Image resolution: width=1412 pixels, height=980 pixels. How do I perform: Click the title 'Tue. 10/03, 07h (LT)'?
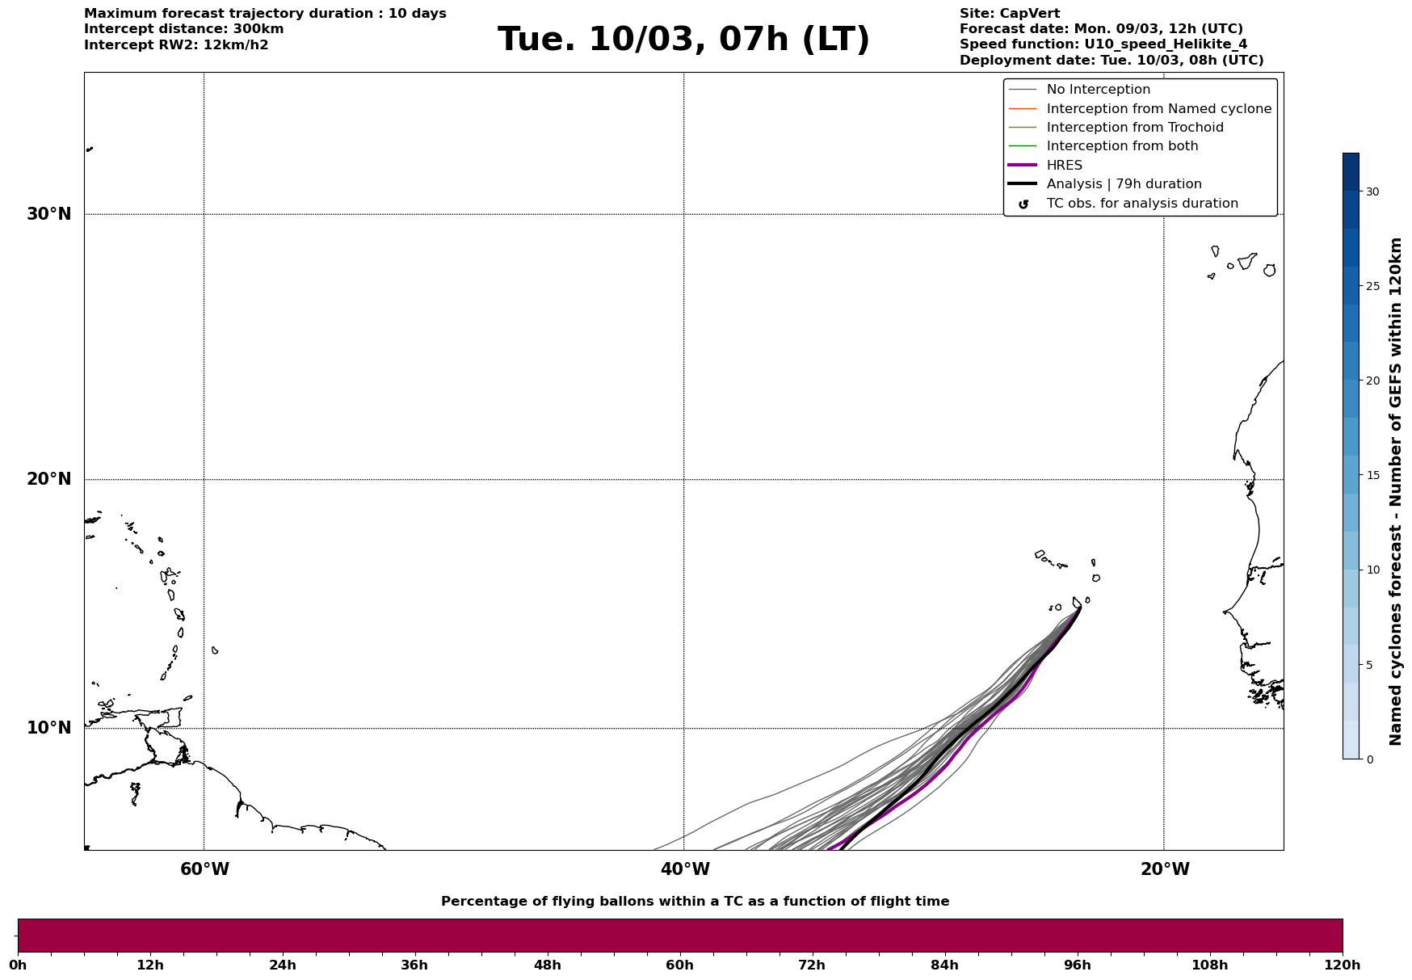683,40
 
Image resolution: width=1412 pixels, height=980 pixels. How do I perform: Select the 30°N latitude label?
49,214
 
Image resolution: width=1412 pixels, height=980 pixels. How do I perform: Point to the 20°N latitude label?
49,479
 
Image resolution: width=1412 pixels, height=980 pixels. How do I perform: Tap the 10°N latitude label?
49,728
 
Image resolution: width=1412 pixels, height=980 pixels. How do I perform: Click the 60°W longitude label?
204,869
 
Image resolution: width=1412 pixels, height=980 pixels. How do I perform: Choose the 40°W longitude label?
684,869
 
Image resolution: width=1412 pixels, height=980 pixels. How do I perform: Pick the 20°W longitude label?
1164,869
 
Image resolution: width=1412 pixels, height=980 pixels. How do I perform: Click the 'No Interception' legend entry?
1098,90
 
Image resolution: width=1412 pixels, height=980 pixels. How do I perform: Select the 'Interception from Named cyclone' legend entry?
1158,109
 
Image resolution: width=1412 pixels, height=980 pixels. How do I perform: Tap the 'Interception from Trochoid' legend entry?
1134,128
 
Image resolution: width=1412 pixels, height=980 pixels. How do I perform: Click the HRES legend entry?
1064,166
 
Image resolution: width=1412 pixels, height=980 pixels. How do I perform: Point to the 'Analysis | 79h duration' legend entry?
1124,184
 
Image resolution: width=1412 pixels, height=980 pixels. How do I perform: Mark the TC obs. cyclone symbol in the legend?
1023,204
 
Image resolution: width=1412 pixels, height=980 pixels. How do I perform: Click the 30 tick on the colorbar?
1372,191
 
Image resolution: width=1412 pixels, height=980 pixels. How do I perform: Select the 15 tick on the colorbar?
1372,475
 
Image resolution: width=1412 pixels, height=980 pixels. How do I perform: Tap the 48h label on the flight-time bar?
547,965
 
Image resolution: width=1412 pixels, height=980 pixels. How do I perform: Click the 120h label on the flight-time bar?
1343,965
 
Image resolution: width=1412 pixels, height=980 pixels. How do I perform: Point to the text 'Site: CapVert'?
1009,14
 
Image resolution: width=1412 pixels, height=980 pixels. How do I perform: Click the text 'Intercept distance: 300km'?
183,29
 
